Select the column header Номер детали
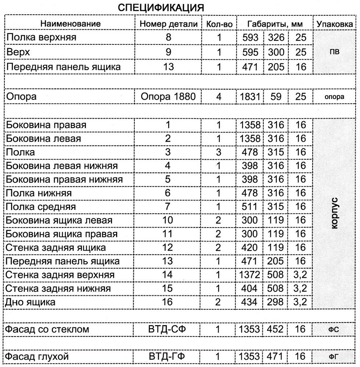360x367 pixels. pyautogui.click(x=169, y=24)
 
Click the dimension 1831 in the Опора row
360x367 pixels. pyautogui.click(x=250, y=97)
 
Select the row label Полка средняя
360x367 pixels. pyautogui.click(x=41, y=207)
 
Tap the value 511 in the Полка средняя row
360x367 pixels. pyautogui.click(x=250, y=207)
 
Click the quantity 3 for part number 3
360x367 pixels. pyautogui.click(x=219, y=152)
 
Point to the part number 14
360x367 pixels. pyautogui.click(x=168, y=275)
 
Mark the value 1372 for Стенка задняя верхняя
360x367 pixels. pyautogui.click(x=250, y=275)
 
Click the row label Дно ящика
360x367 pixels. pyautogui.click(x=31, y=302)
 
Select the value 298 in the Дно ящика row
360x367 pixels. pyautogui.click(x=276, y=302)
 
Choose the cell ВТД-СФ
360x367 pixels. pyautogui.click(x=168, y=329)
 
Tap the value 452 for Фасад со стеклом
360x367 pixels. pyautogui.click(x=276, y=329)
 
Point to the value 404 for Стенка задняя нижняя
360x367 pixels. pyautogui.click(x=250, y=288)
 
